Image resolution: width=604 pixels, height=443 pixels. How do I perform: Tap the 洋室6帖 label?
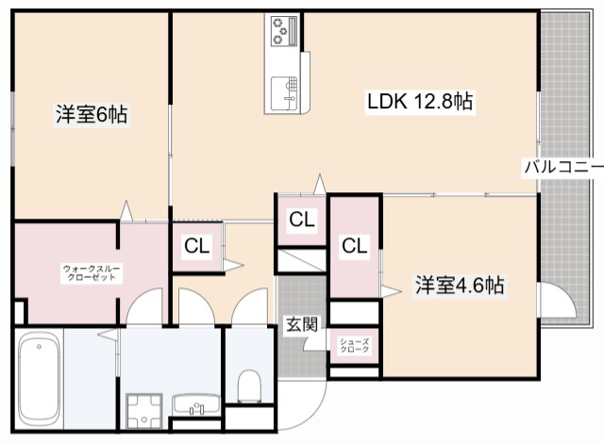click(x=91, y=116)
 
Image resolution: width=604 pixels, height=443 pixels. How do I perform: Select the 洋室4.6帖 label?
click(x=460, y=286)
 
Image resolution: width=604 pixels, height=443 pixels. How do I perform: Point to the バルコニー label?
click(x=563, y=168)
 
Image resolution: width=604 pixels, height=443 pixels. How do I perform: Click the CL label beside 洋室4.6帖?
click(x=354, y=247)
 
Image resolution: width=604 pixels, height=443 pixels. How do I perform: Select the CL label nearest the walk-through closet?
click(x=196, y=247)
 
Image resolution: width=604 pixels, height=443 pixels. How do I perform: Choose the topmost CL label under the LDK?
click(x=301, y=220)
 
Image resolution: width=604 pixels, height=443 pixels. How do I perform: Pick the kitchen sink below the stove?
click(x=284, y=92)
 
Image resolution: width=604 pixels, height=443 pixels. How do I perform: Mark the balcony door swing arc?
click(x=557, y=304)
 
